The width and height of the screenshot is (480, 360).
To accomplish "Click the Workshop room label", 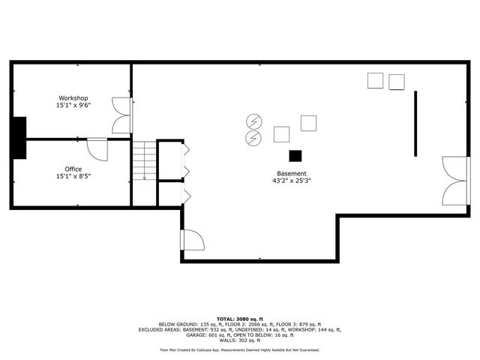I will pos(73,98).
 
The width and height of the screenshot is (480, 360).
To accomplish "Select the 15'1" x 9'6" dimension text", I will pos(73,106).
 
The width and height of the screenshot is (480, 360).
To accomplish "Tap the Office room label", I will pos(73,169).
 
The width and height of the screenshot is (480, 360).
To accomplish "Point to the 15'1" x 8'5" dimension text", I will pos(73,177).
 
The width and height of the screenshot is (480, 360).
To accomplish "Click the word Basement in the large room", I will pos(292,173).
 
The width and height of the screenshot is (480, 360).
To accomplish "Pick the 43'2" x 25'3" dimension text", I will pos(292,181).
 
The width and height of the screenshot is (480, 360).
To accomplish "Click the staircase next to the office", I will pos(144,162).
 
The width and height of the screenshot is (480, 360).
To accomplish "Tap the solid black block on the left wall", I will pos(19,137).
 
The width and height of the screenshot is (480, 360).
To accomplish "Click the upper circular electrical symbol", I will pos(253,120).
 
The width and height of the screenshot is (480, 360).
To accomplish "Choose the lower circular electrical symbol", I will pos(253,137).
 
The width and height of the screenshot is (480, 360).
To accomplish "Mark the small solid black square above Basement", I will pos(295,155).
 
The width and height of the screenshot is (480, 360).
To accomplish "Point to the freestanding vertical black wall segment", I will pos(415,123).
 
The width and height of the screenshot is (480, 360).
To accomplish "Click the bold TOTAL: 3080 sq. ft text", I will pos(239,318).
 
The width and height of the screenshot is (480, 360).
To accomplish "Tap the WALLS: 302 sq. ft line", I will pos(239,340).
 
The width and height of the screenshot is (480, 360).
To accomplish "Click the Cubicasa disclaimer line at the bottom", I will pos(239,350).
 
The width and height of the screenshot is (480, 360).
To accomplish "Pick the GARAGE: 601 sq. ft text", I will pos(180,334).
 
